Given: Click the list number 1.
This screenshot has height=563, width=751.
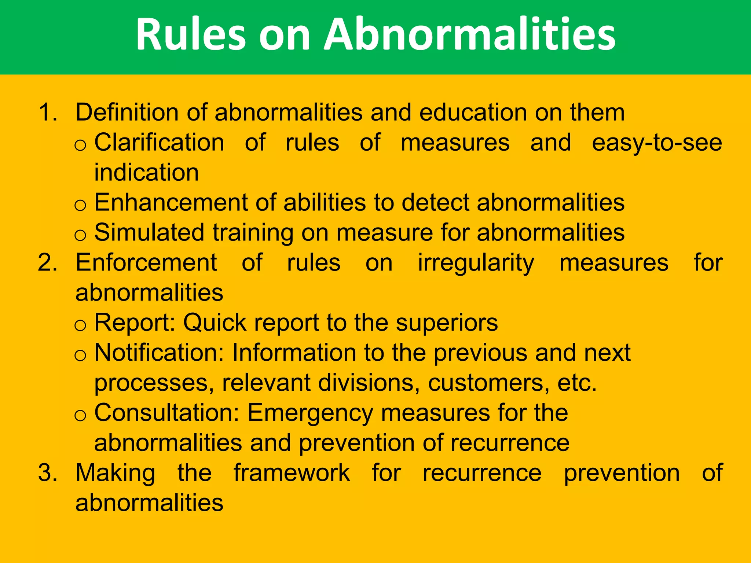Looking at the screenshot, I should pyautogui.click(x=48, y=112).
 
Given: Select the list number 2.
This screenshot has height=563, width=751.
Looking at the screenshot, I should pyautogui.click(x=48, y=263).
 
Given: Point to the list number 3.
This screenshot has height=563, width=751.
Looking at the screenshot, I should pyautogui.click(x=48, y=473).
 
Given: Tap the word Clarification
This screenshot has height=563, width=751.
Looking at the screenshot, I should pyautogui.click(x=159, y=142).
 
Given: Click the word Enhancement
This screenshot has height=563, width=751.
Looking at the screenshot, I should pyautogui.click(x=171, y=202).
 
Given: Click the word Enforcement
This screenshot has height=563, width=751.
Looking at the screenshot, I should pyautogui.click(x=146, y=263).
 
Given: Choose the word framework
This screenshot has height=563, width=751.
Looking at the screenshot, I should pyautogui.click(x=292, y=473).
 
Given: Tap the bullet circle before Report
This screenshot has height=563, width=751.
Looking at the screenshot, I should pyautogui.click(x=80, y=325).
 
